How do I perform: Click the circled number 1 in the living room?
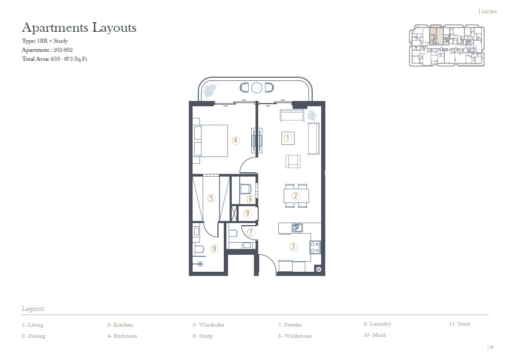288,138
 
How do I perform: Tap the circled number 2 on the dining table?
296,196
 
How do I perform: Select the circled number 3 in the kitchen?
293,246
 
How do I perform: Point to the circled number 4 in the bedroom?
235,141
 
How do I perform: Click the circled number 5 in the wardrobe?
212,199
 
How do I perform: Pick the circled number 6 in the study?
250,199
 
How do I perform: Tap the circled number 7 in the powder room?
251,232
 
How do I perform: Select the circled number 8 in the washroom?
215,248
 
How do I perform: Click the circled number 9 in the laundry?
247,214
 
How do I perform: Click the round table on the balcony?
257,87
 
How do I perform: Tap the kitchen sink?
297,228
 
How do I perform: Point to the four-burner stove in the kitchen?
315,246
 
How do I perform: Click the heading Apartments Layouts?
79,27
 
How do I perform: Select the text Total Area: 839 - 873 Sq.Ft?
54,59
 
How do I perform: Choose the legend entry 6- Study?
203,336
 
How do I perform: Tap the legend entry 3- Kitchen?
120,325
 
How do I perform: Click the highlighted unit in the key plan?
436,35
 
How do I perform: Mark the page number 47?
491,347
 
